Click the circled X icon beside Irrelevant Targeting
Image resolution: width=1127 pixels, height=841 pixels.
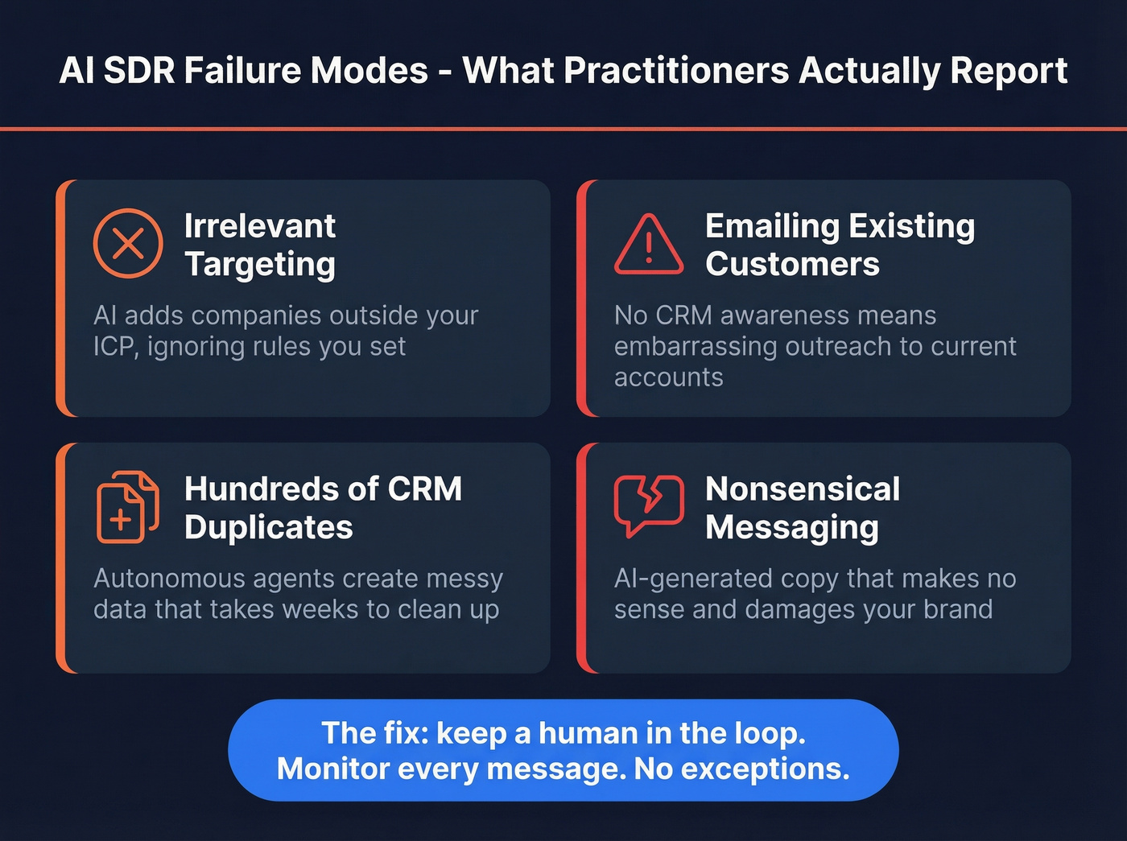pyautogui.click(x=128, y=243)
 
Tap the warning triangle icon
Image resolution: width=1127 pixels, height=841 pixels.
pyautogui.click(x=648, y=245)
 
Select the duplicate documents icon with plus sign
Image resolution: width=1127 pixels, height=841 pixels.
pyautogui.click(x=126, y=507)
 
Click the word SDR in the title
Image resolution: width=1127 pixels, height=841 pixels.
pyautogui.click(x=138, y=71)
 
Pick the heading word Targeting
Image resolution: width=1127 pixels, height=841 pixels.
pyautogui.click(x=259, y=265)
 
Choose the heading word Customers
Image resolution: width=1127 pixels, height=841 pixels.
pyautogui.click(x=792, y=265)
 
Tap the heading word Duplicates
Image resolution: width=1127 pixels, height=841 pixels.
pyautogui.click(x=268, y=528)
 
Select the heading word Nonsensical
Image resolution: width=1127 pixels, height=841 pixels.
pyautogui.click(x=803, y=489)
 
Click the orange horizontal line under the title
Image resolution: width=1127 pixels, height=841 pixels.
pyautogui.click(x=563, y=129)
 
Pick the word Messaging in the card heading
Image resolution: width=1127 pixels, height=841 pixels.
pyautogui.click(x=791, y=528)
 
